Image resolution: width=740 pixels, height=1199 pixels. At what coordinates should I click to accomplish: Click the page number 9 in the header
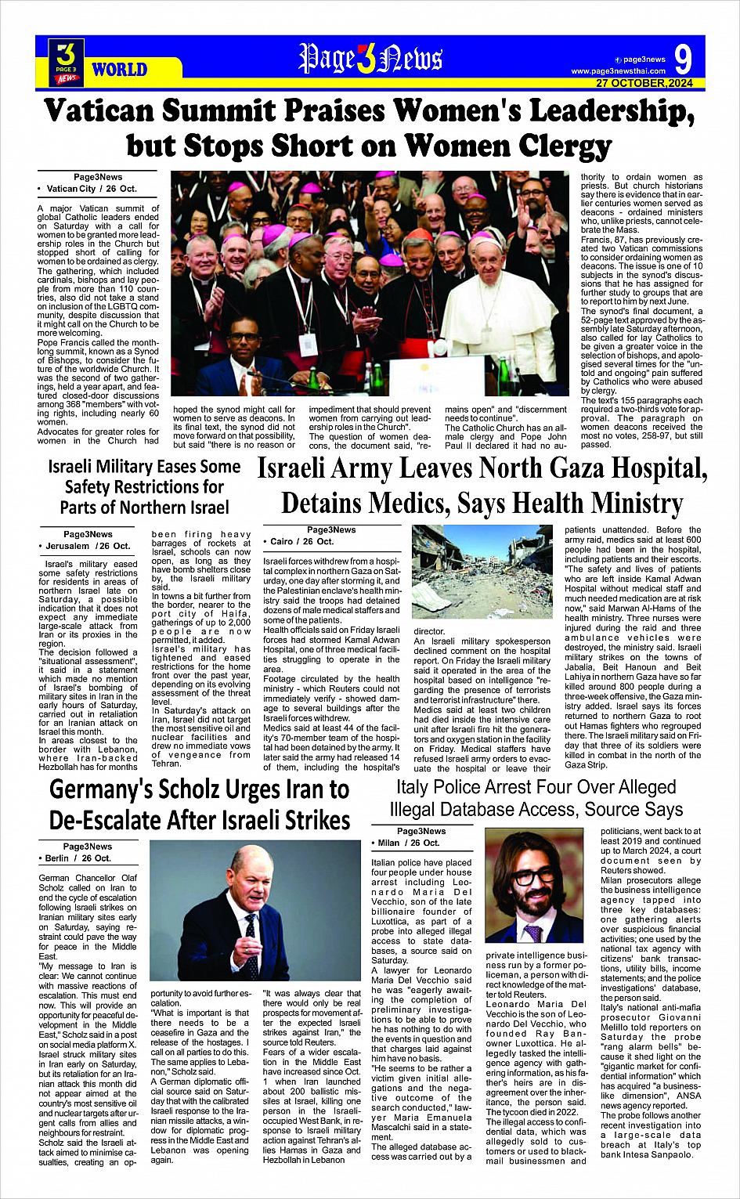pos(682,59)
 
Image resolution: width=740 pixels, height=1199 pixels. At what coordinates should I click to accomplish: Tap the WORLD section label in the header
pos(119,70)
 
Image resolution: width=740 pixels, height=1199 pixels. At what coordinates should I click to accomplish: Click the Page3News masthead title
pos(370,59)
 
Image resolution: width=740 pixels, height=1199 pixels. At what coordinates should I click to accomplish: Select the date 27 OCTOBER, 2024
pos(644,83)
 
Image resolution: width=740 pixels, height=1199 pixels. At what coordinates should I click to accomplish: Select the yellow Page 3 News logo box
pos(66,62)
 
